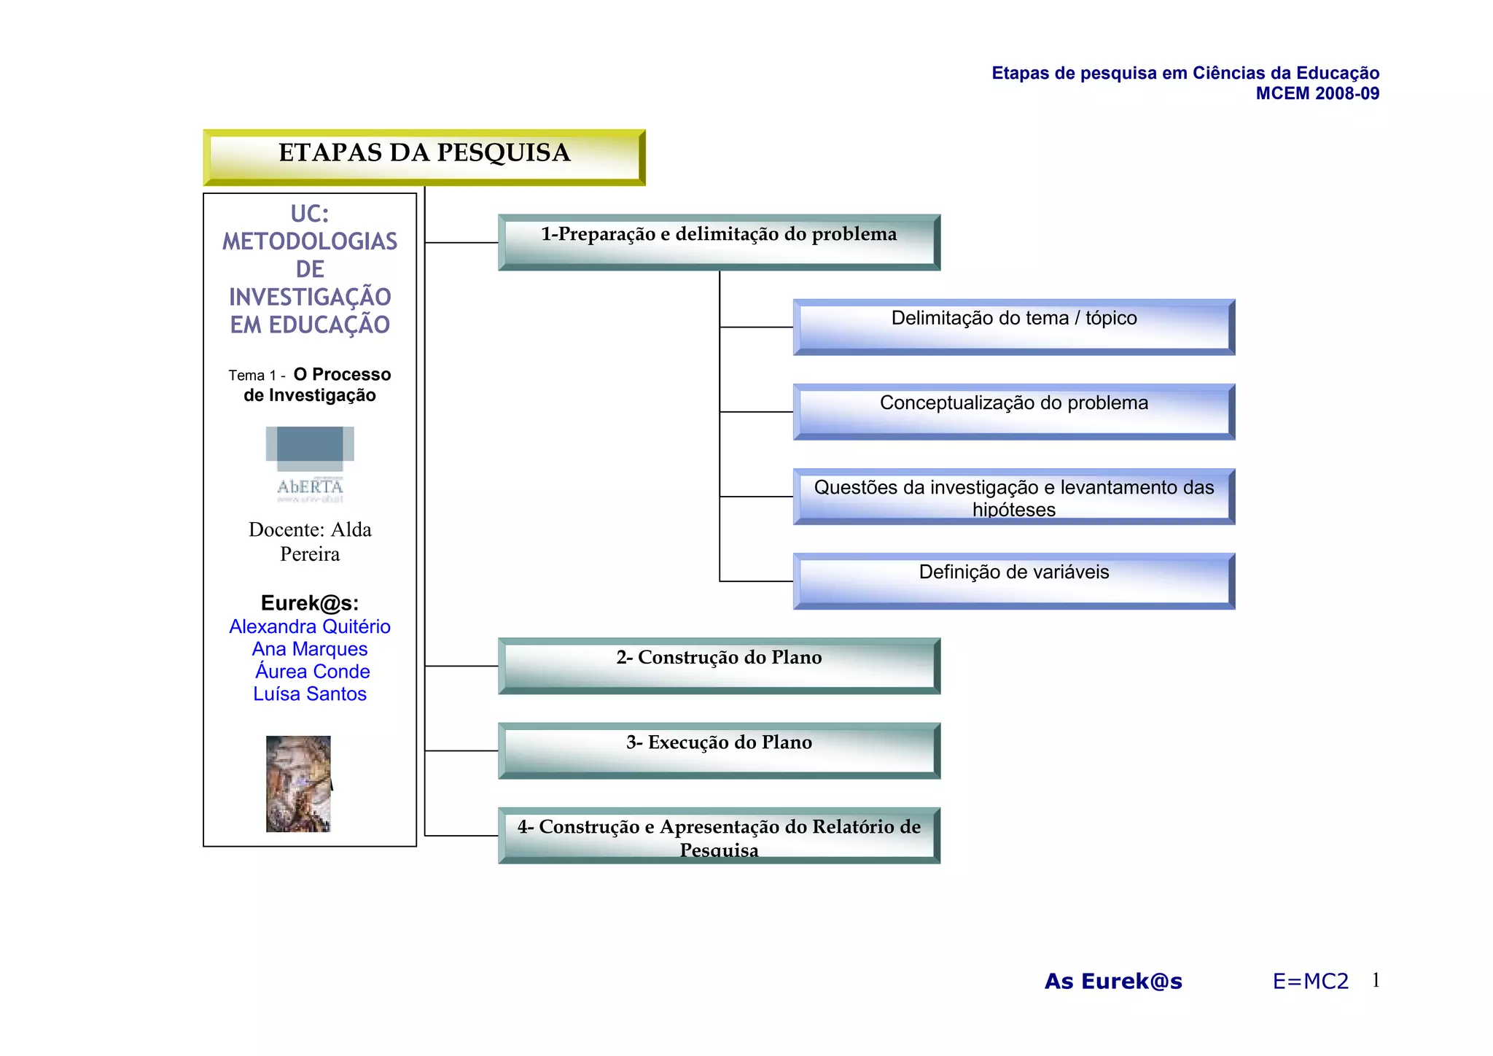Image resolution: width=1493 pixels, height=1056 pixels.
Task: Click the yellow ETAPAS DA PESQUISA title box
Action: pyautogui.click(x=424, y=157)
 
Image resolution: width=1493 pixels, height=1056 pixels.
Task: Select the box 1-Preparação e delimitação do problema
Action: pyautogui.click(x=719, y=242)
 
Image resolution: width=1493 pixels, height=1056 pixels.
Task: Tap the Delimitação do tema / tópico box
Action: pyautogui.click(x=1013, y=327)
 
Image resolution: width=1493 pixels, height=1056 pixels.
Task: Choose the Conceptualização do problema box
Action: pyautogui.click(x=1013, y=411)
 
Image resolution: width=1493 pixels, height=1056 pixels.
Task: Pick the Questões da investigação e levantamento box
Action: pyautogui.click(x=1013, y=497)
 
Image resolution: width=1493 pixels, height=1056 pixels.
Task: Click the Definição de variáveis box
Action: pyautogui.click(x=1013, y=581)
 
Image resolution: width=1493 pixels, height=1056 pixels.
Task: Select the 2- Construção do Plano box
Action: pyautogui.click(x=719, y=665)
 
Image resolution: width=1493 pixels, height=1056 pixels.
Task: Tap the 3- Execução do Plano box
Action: pyautogui.click(x=719, y=750)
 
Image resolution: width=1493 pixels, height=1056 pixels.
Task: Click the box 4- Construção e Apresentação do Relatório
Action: pyautogui.click(x=719, y=835)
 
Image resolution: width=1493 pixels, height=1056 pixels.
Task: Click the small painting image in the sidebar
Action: pyautogui.click(x=299, y=784)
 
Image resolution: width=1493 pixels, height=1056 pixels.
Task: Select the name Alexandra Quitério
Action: pyautogui.click(x=310, y=626)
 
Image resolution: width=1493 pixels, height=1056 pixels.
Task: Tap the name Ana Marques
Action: pyautogui.click(x=310, y=649)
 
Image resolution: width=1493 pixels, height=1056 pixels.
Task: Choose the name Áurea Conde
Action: pyautogui.click(x=312, y=672)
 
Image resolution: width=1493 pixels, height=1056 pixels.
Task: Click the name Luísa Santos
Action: pyautogui.click(x=310, y=694)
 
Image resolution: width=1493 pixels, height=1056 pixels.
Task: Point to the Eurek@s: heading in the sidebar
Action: pyautogui.click(x=310, y=603)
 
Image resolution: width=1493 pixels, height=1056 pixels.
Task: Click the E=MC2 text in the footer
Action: pyautogui.click(x=1310, y=982)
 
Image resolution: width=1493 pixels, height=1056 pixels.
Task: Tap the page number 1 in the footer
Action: pyautogui.click(x=1376, y=980)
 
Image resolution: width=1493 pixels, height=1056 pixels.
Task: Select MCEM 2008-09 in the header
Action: pyautogui.click(x=1317, y=93)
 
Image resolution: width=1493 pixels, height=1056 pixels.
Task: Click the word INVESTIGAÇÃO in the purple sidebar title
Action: pyautogui.click(x=310, y=297)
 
